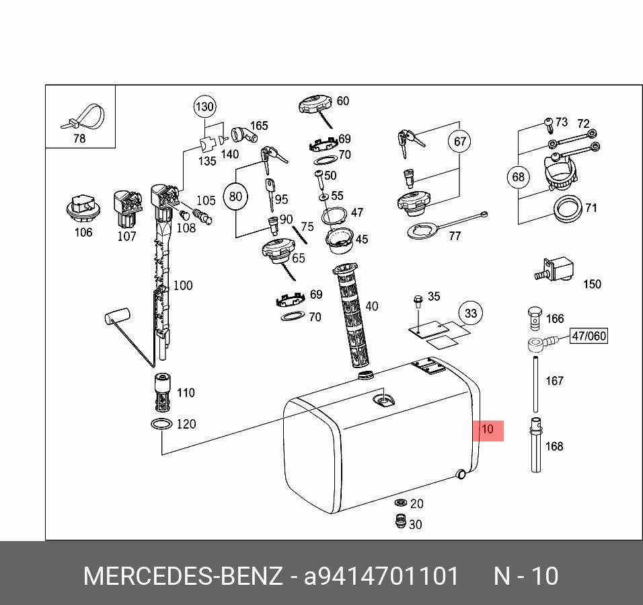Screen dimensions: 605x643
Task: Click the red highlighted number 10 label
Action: coord(488,429)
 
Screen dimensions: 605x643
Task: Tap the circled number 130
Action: coord(204,106)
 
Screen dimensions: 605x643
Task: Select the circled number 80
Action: coord(235,197)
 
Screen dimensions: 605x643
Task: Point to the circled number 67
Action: coord(460,141)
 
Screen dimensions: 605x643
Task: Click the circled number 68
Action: coord(518,178)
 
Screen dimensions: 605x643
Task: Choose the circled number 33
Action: coord(471,314)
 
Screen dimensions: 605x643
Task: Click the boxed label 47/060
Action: coord(589,336)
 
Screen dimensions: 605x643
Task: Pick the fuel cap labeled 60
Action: coord(315,106)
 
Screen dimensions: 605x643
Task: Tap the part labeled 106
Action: coord(83,209)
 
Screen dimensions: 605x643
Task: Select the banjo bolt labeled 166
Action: coord(535,315)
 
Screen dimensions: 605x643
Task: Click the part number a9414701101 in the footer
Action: coord(382,577)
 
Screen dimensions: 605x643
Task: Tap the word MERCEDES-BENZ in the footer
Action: coord(182,577)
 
